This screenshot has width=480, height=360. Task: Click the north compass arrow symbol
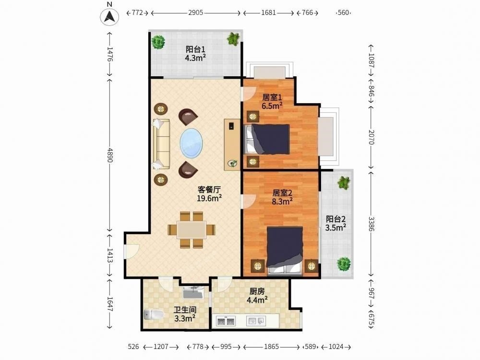click(x=109, y=16)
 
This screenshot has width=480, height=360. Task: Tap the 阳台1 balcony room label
click(x=195, y=49)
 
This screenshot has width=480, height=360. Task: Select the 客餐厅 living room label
click(x=209, y=190)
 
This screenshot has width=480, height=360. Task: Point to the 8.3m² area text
click(x=282, y=201)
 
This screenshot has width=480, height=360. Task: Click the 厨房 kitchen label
click(x=257, y=291)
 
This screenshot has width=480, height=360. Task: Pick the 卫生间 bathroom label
click(x=185, y=310)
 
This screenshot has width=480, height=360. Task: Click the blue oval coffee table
click(x=191, y=143)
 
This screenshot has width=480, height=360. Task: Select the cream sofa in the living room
click(x=161, y=144)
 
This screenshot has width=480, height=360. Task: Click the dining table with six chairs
click(x=192, y=229)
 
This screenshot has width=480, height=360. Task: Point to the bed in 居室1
click(x=267, y=139)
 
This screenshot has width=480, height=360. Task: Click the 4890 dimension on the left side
click(x=110, y=155)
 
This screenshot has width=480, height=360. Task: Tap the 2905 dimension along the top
click(x=196, y=13)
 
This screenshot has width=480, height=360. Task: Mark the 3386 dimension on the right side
click(x=371, y=224)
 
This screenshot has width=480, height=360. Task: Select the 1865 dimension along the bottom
click(x=272, y=347)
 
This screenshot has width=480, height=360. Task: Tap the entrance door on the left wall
click(x=132, y=251)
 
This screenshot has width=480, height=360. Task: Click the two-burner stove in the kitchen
click(x=226, y=321)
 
